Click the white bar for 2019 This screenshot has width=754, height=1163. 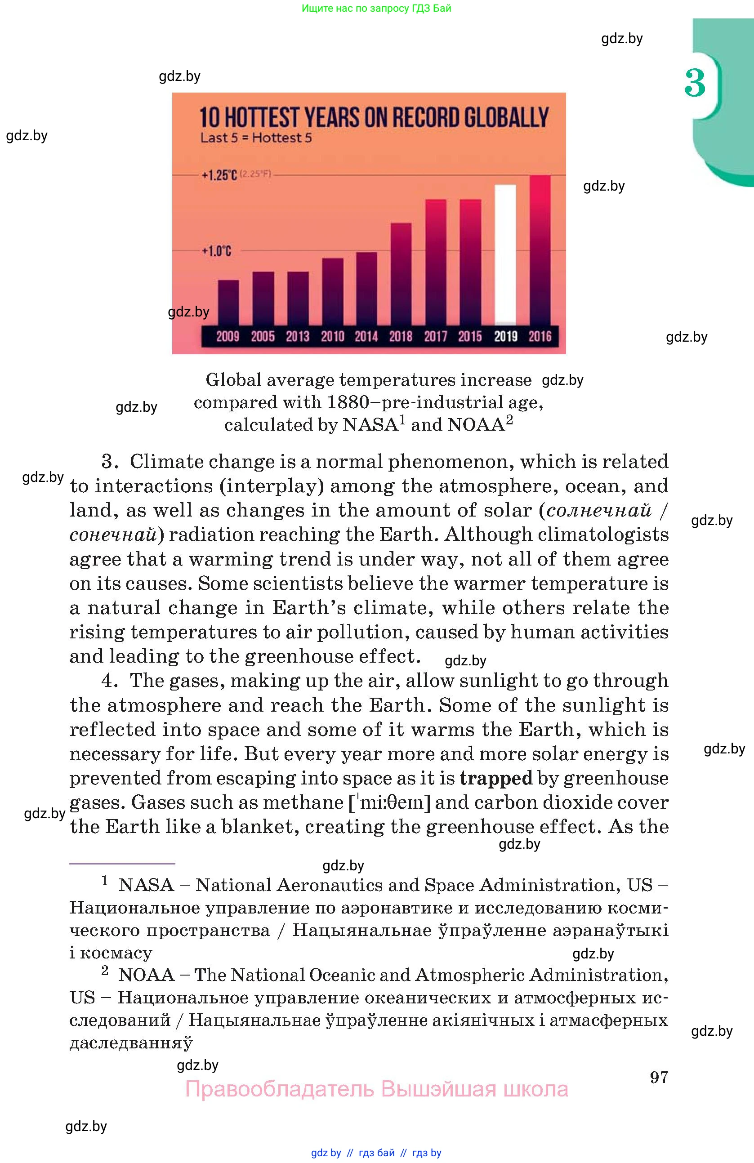(x=505, y=254)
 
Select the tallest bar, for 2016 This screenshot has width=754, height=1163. (x=540, y=249)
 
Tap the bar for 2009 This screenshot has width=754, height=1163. (x=228, y=303)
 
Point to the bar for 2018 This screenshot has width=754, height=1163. (x=401, y=274)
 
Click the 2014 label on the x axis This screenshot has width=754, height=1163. (x=366, y=337)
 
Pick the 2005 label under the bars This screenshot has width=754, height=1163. (x=263, y=337)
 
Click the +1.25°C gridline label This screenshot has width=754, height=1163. (x=219, y=175)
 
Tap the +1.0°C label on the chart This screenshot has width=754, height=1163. (x=216, y=251)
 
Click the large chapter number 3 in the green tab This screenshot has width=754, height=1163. (x=695, y=83)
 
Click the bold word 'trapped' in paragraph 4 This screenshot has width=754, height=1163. (x=495, y=778)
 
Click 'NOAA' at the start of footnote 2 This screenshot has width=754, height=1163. (x=146, y=974)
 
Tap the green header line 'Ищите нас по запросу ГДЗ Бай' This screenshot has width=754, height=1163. (x=376, y=8)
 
